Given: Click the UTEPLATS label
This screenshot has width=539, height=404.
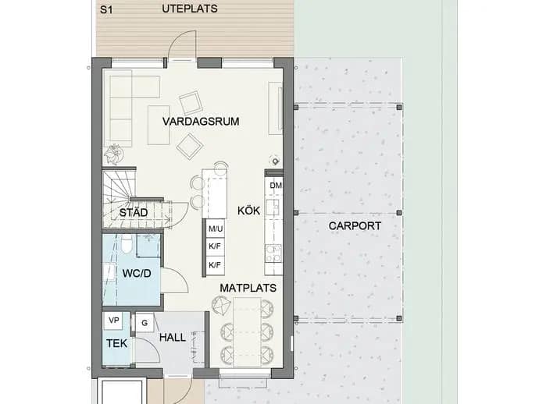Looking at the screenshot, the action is click(190, 9).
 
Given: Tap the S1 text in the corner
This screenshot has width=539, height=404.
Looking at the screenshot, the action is click(106, 9).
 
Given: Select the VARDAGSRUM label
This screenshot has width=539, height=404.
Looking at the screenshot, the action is click(201, 122).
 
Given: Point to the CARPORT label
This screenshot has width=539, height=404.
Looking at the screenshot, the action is click(355, 226).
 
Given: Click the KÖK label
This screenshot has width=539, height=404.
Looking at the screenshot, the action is click(249, 211).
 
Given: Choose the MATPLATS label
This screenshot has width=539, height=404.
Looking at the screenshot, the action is click(248, 288).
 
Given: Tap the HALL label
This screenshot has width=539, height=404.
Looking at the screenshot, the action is click(173, 338).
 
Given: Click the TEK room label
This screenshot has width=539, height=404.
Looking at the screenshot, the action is click(116, 344).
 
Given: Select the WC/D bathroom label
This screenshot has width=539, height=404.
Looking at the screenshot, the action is click(137, 274).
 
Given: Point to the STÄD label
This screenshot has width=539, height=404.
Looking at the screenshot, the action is click(134, 212).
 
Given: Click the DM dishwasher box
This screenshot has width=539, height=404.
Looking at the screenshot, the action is click(274, 186).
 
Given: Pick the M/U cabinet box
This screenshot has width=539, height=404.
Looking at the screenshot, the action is click(216, 229).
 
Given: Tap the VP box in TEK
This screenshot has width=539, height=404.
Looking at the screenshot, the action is click(113, 321).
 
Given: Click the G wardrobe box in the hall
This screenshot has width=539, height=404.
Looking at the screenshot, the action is click(145, 323).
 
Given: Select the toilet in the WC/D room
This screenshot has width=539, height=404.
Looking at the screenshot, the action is click(126, 244).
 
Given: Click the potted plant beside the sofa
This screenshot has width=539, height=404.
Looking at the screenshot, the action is click(113, 154).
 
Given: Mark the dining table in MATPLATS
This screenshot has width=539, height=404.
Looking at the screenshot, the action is click(247, 332).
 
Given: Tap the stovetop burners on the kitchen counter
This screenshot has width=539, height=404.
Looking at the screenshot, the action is click(273, 253).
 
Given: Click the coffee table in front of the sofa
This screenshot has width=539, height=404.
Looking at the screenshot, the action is click(159, 125).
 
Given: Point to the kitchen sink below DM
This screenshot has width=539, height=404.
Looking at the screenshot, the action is click(273, 207).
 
